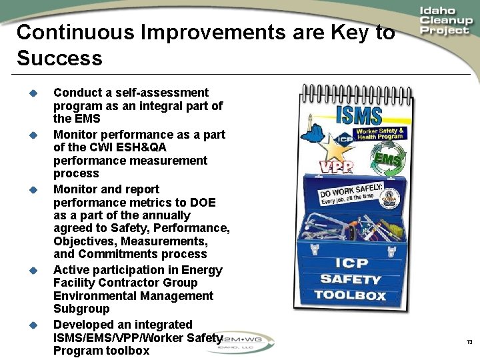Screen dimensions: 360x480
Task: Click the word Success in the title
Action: (x=60, y=59)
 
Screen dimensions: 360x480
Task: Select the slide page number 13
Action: (x=469, y=343)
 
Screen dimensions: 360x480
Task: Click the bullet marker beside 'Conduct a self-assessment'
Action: (x=31, y=93)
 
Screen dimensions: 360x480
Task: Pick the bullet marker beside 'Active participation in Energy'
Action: (x=31, y=270)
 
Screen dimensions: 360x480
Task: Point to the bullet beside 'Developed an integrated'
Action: (x=31, y=325)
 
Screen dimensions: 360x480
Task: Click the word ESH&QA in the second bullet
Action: (x=143, y=147)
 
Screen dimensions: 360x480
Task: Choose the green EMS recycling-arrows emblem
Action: (x=387, y=160)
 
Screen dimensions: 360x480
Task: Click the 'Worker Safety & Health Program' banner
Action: (x=380, y=133)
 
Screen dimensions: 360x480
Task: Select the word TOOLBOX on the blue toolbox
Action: (x=350, y=295)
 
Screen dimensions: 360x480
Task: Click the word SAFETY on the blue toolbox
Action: (x=350, y=279)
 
